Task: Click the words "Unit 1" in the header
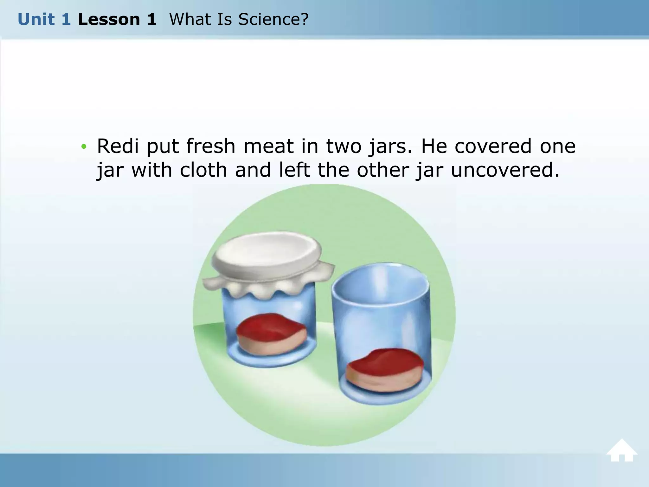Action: pos(44,19)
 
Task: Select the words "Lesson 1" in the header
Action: pos(117,19)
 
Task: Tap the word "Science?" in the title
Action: pos(273,19)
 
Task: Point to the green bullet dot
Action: pos(84,146)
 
